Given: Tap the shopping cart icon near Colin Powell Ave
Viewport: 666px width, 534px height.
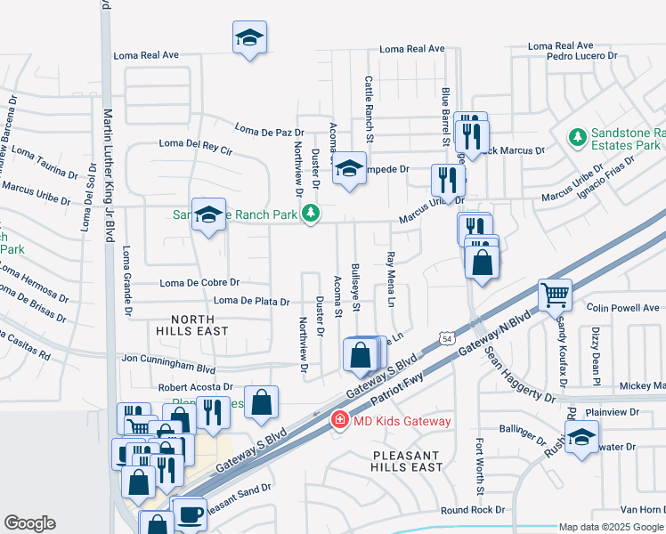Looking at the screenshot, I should tap(555, 295).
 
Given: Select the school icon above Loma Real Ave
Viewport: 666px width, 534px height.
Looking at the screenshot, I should tap(249, 38).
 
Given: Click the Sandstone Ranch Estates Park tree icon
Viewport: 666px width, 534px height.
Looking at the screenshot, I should tap(577, 137).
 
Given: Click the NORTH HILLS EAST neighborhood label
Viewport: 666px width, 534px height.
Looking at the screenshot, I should tap(192, 325).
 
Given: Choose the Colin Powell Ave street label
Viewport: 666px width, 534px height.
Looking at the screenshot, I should tap(623, 308).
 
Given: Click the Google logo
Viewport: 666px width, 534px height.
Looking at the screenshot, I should tap(30, 523).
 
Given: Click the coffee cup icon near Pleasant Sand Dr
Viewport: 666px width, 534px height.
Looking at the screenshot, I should tap(191, 514).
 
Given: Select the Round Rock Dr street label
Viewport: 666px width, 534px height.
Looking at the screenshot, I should tap(473, 510).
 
